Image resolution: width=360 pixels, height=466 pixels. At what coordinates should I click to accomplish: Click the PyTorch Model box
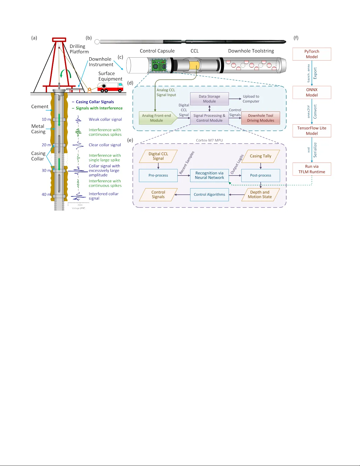tap(312, 54)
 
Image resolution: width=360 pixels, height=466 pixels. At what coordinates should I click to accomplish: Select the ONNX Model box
tap(312, 92)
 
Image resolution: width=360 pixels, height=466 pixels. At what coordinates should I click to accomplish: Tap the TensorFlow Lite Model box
tap(312, 131)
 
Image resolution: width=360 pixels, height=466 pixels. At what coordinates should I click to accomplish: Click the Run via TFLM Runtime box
tap(312, 169)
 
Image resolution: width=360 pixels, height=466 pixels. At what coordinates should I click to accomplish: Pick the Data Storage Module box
tap(209, 99)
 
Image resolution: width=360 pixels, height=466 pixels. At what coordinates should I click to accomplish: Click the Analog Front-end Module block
tap(157, 118)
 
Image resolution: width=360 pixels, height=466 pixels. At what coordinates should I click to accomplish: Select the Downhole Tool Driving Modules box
tap(260, 118)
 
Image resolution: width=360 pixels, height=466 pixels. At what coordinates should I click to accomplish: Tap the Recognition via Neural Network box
tap(209, 175)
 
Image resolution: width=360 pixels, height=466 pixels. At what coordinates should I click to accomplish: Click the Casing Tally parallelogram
tap(260, 156)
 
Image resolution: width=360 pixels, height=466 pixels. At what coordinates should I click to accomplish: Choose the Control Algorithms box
tap(209, 195)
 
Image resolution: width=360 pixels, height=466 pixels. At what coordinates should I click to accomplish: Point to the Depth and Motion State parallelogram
tap(260, 195)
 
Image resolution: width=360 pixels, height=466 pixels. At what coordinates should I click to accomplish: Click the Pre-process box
tap(158, 175)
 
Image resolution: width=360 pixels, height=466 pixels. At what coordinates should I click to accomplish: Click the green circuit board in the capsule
tap(159, 65)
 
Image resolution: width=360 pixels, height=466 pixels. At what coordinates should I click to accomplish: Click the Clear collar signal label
tap(105, 145)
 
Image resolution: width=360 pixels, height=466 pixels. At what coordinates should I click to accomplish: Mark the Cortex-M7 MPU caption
tap(209, 140)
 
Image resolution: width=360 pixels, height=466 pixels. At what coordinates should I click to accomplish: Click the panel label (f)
tap(296, 38)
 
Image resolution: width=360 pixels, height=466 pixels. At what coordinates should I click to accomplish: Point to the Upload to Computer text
tap(251, 99)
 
